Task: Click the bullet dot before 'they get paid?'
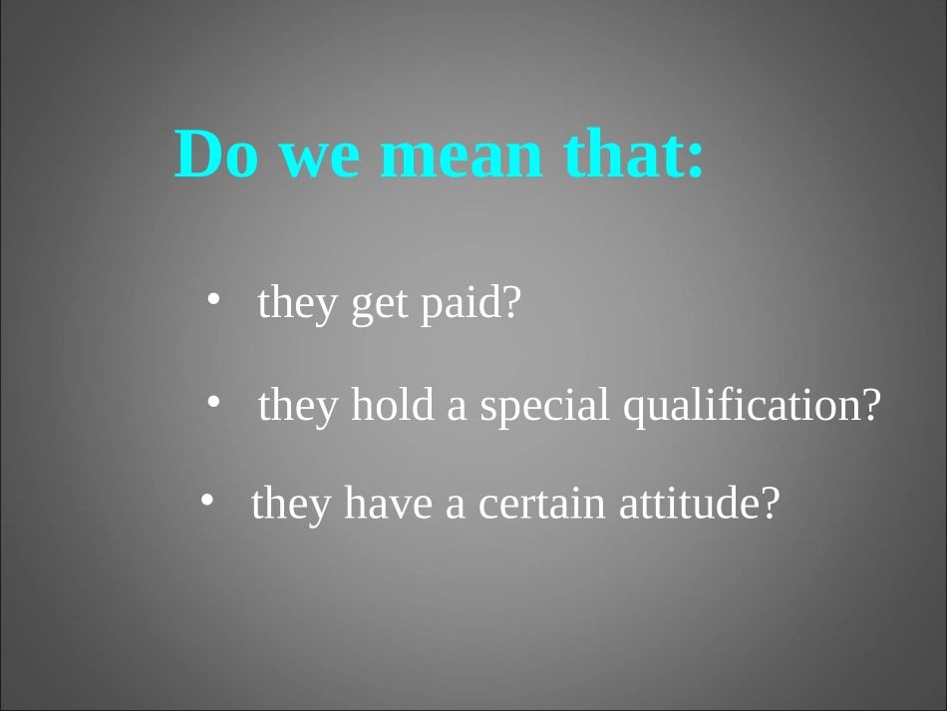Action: tap(213, 298)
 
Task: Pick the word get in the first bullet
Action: tap(379, 306)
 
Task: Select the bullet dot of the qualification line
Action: tap(213, 401)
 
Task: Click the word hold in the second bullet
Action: tap(393, 404)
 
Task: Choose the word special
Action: tap(544, 406)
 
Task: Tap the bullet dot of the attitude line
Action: tap(206, 500)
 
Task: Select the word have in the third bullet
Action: tap(389, 502)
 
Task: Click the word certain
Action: tap(541, 505)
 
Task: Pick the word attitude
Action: tap(691, 502)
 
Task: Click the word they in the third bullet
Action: tap(291, 505)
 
